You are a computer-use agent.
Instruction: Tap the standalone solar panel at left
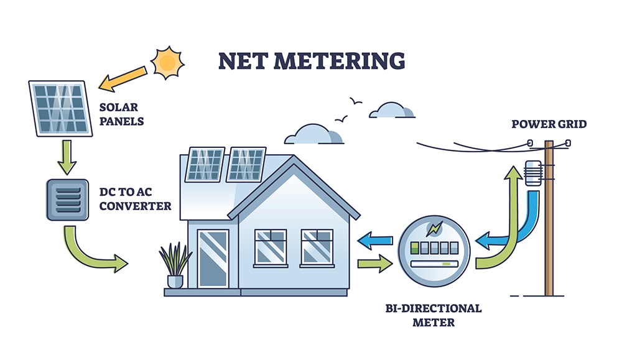pos(60,108)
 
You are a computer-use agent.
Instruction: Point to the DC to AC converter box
pos(67,200)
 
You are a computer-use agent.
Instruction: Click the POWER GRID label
pos(549,124)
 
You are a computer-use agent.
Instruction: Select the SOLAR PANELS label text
pos(121,114)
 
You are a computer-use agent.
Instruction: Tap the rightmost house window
pos(317,246)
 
